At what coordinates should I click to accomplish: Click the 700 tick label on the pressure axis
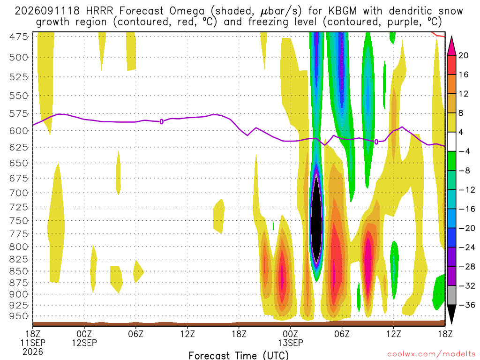[x=19, y=193]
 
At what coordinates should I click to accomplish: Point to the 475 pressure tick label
[x=19, y=37]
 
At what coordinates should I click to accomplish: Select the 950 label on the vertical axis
[x=19, y=316]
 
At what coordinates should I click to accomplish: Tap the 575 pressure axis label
[x=19, y=114]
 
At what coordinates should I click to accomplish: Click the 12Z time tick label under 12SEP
[x=187, y=333]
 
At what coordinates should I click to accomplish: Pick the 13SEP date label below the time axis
[x=290, y=343]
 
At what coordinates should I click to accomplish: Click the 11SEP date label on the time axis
[x=33, y=343]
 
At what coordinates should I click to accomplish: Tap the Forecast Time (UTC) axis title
[x=239, y=355]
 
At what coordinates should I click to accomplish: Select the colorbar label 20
[x=463, y=55]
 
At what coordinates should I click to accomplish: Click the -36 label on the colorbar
[x=466, y=305]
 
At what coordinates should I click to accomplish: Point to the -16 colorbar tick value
[x=466, y=209]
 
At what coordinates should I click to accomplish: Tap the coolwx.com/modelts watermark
[x=431, y=354]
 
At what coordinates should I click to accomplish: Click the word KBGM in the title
[x=342, y=11]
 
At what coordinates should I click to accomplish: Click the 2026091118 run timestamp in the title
[x=47, y=11]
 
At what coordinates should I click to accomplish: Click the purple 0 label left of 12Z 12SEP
[x=162, y=122]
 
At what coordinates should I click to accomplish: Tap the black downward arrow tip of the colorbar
[x=451, y=324]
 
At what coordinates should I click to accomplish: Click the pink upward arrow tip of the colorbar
[x=451, y=37]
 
